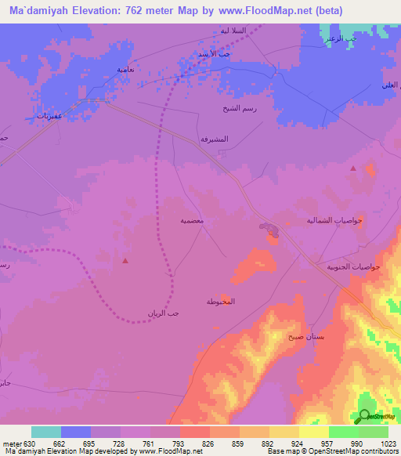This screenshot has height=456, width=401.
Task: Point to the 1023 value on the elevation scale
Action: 388,444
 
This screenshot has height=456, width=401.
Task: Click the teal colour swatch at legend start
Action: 46,432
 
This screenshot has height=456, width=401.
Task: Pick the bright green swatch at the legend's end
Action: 374,432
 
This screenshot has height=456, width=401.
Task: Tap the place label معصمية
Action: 193,222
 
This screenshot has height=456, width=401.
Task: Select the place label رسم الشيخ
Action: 236,109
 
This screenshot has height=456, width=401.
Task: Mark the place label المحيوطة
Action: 221,302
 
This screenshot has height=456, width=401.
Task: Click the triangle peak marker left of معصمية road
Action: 125,259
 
